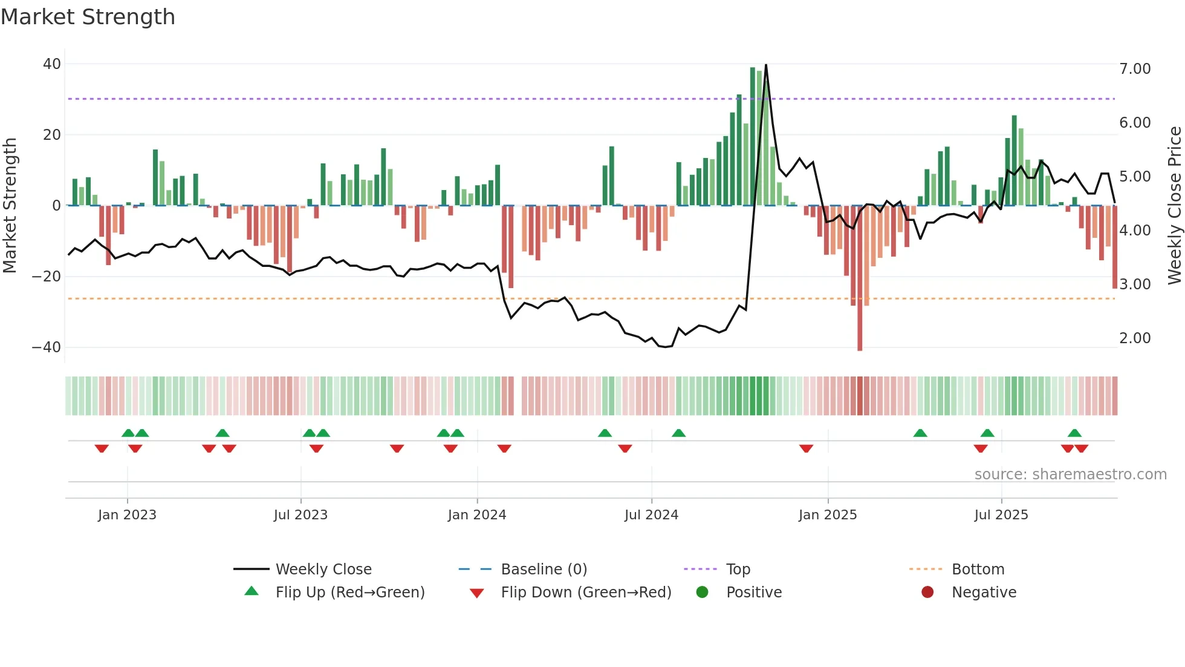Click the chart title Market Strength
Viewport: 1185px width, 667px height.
pos(88,17)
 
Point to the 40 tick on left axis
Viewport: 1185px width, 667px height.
pos(52,64)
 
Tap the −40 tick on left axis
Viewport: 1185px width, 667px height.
pos(47,347)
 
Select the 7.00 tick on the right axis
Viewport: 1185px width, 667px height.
pos(1135,69)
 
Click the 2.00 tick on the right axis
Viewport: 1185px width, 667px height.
pos(1135,338)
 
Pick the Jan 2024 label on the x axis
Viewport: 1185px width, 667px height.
pos(477,515)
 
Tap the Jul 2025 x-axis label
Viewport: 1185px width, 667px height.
pos(1001,515)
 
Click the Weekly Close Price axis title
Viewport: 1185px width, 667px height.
pos(1174,206)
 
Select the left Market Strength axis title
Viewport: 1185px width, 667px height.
pos(10,206)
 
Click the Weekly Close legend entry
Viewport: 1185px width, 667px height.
pos(323,570)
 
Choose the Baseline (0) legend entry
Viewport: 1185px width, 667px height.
pos(544,570)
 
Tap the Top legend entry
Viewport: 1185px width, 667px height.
pos(738,570)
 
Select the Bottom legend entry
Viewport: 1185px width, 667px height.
pos(978,570)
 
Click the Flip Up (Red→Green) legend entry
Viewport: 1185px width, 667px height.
pos(349,593)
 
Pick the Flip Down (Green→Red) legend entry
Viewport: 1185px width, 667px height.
pos(586,593)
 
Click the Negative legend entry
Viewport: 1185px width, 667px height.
pos(984,593)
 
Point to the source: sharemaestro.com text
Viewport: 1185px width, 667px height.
pos(1070,475)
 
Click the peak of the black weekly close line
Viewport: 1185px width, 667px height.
pos(766,65)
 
